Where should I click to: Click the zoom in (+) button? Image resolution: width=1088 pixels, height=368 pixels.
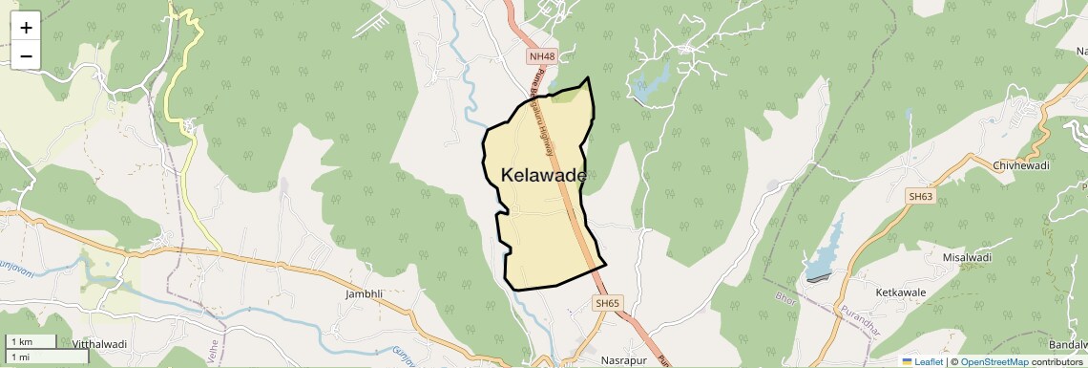pos(26,28)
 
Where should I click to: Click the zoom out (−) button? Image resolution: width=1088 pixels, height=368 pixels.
pos(26,56)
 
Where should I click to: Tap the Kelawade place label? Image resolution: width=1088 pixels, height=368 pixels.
pos(543,176)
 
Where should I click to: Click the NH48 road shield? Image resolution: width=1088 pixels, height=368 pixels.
pos(540,57)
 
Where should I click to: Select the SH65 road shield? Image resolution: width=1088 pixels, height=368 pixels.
pos(607,303)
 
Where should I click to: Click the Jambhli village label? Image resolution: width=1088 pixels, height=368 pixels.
pos(364,295)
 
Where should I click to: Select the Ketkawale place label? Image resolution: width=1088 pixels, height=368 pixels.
pos(901,291)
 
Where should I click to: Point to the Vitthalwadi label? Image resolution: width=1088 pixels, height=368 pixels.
pos(99,344)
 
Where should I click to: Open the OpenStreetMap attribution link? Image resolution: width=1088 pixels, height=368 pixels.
pos(994,361)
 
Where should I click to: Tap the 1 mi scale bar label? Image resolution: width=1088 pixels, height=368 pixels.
pos(20,357)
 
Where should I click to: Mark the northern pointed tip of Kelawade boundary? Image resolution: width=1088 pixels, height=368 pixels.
pos(588,78)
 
